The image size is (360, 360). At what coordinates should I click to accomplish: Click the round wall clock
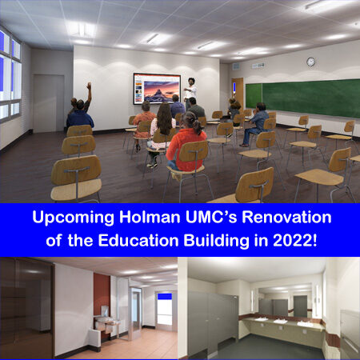click(x=310, y=62)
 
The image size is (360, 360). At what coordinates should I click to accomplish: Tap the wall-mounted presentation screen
click(x=157, y=89)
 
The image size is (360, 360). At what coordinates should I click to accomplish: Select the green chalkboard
click(x=302, y=98)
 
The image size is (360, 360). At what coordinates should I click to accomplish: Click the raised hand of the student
click(x=89, y=85)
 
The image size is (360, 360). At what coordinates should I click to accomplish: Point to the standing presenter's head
click(x=191, y=82)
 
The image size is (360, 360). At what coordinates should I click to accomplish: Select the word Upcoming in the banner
click(x=73, y=218)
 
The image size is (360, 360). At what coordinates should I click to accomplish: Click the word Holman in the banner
click(x=150, y=217)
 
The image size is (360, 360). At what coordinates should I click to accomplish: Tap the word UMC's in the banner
click(x=211, y=217)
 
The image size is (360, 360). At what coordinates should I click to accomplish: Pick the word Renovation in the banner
click(x=286, y=217)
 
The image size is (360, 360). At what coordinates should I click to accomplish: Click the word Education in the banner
click(x=138, y=240)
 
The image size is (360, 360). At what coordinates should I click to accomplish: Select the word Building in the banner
click(x=216, y=241)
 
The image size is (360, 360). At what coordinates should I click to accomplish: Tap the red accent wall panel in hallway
click(x=102, y=294)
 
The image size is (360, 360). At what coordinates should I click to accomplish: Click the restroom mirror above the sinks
click(x=286, y=301)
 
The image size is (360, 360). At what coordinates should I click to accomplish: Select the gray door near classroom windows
click(x=49, y=103)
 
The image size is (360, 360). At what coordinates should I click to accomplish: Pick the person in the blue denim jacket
click(x=257, y=123)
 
